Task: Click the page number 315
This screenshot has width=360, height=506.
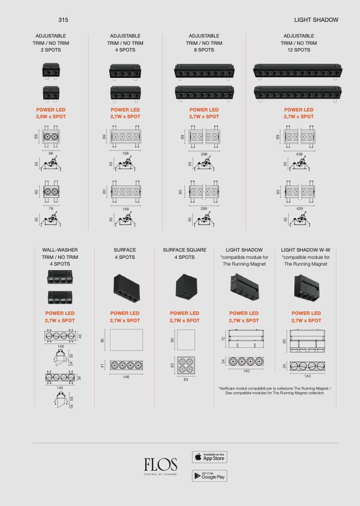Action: tap(63, 20)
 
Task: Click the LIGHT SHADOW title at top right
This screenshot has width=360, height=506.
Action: tap(316, 20)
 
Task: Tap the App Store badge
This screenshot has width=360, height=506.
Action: tap(210, 457)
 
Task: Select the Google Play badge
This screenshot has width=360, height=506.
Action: tap(210, 476)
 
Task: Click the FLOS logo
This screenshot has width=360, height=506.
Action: tap(161, 465)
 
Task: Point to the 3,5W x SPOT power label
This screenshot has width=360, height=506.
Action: tap(50, 117)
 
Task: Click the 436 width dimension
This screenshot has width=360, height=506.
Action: tap(299, 154)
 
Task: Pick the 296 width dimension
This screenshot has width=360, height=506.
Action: tap(204, 154)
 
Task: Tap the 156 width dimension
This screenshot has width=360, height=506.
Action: tap(126, 154)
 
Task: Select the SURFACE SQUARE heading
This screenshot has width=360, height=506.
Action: tap(184, 250)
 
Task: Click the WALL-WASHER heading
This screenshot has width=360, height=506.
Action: tap(60, 250)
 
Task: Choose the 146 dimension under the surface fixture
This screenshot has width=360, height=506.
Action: tap(126, 377)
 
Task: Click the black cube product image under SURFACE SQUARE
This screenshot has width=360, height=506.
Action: tap(186, 287)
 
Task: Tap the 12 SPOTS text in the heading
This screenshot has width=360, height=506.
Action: tap(299, 50)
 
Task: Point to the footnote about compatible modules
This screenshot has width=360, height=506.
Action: tap(274, 391)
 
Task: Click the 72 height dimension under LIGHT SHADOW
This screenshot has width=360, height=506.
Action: tap(223, 338)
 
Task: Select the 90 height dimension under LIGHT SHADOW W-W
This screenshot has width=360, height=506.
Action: tap(284, 341)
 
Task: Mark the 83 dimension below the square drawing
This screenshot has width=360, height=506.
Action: tap(186, 379)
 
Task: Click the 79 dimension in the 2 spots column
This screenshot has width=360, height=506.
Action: tap(50, 208)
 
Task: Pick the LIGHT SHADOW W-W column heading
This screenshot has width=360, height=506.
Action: tap(306, 250)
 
